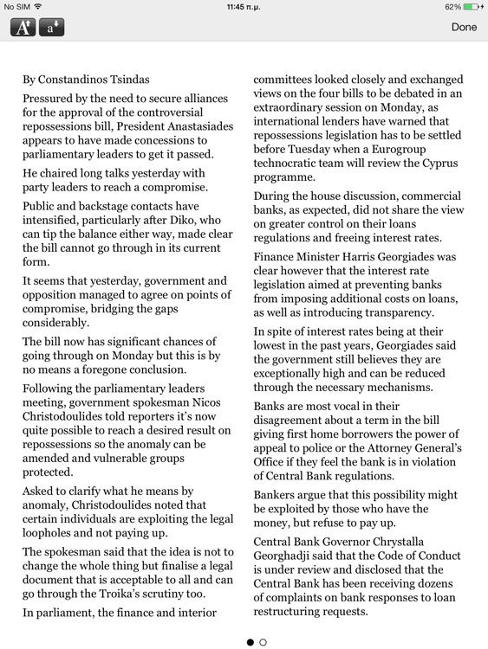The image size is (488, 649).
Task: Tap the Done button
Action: tap(464, 27)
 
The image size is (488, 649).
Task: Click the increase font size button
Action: tap(23, 27)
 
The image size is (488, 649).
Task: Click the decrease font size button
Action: tap(51, 27)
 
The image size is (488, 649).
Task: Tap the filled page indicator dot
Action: tap(251, 642)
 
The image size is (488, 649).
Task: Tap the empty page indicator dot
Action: tap(264, 642)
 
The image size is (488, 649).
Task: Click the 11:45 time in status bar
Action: tap(244, 6)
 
